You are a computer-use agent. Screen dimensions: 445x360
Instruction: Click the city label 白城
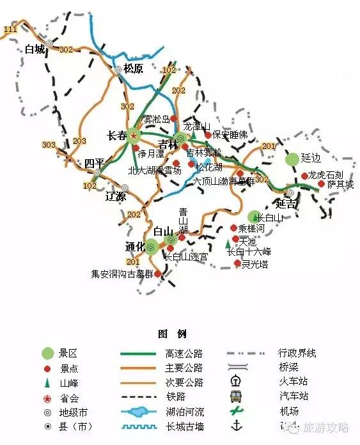click(35, 49)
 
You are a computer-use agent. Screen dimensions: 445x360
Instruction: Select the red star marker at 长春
click(134, 136)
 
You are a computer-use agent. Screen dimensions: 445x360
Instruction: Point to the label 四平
click(94, 164)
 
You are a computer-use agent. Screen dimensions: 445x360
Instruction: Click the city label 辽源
click(116, 196)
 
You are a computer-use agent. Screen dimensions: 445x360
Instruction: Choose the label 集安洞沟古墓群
click(122, 274)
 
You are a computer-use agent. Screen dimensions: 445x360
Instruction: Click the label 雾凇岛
click(156, 120)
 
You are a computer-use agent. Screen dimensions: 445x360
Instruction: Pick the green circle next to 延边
click(292, 158)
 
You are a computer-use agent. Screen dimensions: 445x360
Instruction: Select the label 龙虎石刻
click(326, 175)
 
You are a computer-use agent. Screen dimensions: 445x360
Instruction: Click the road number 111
click(10, 30)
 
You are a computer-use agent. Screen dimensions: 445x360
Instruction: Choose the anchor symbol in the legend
click(237, 426)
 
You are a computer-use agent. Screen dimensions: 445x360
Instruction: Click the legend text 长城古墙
click(184, 427)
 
